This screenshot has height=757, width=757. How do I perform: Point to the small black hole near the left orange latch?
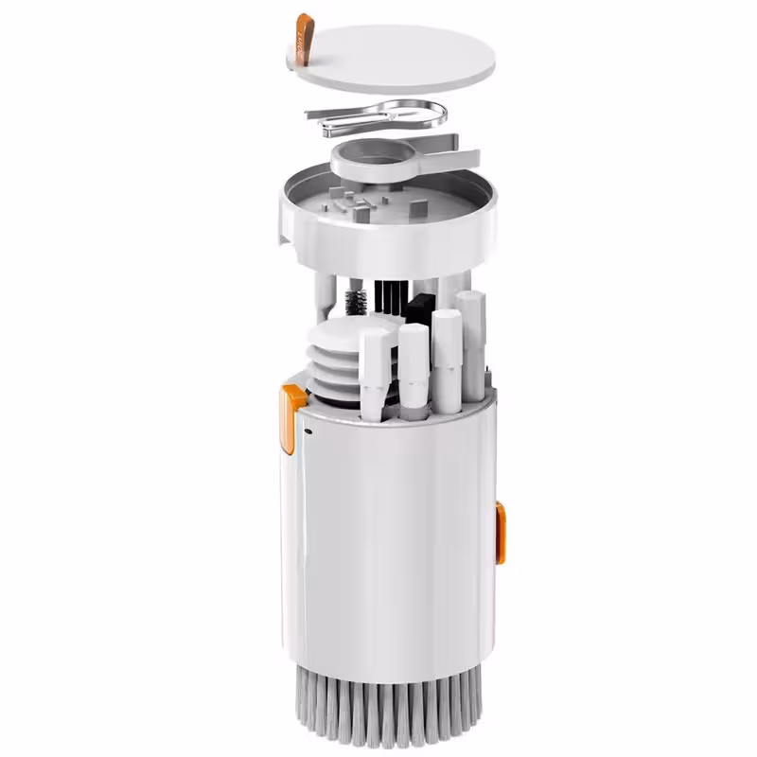coord(309,432)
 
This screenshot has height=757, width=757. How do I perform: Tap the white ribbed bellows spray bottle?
coord(336,364)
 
